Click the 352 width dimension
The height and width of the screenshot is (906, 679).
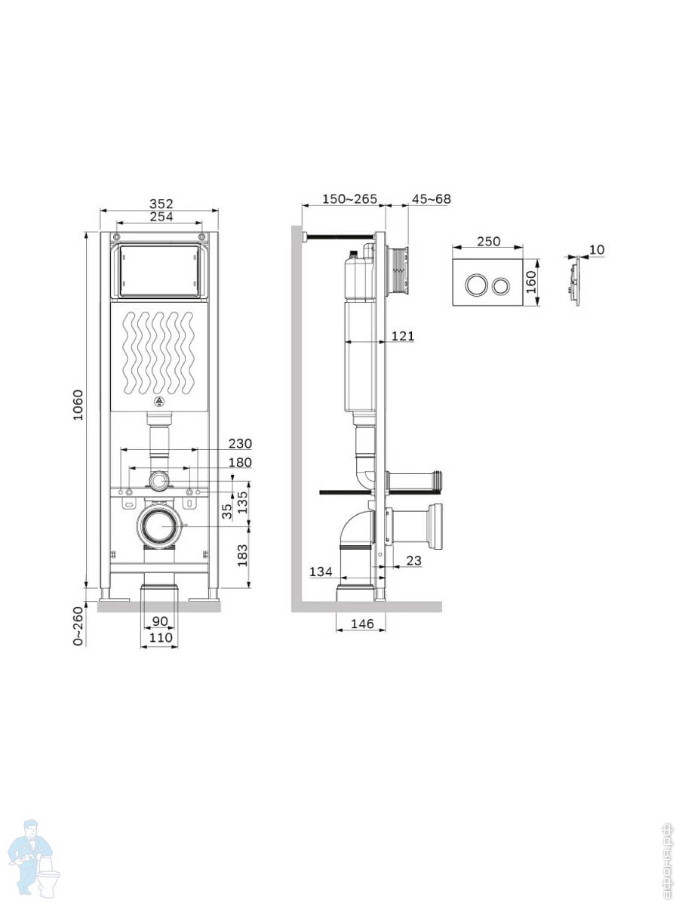[x=161, y=204]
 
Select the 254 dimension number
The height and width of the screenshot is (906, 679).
[x=161, y=216]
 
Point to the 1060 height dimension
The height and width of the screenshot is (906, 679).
[x=78, y=405]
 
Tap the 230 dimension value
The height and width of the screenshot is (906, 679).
[x=241, y=444]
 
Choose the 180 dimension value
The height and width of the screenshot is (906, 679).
[x=241, y=462]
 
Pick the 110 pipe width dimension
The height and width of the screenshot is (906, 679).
[x=161, y=638]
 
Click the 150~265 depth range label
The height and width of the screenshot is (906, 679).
[x=349, y=199]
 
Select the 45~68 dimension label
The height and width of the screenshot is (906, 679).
[x=432, y=199]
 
